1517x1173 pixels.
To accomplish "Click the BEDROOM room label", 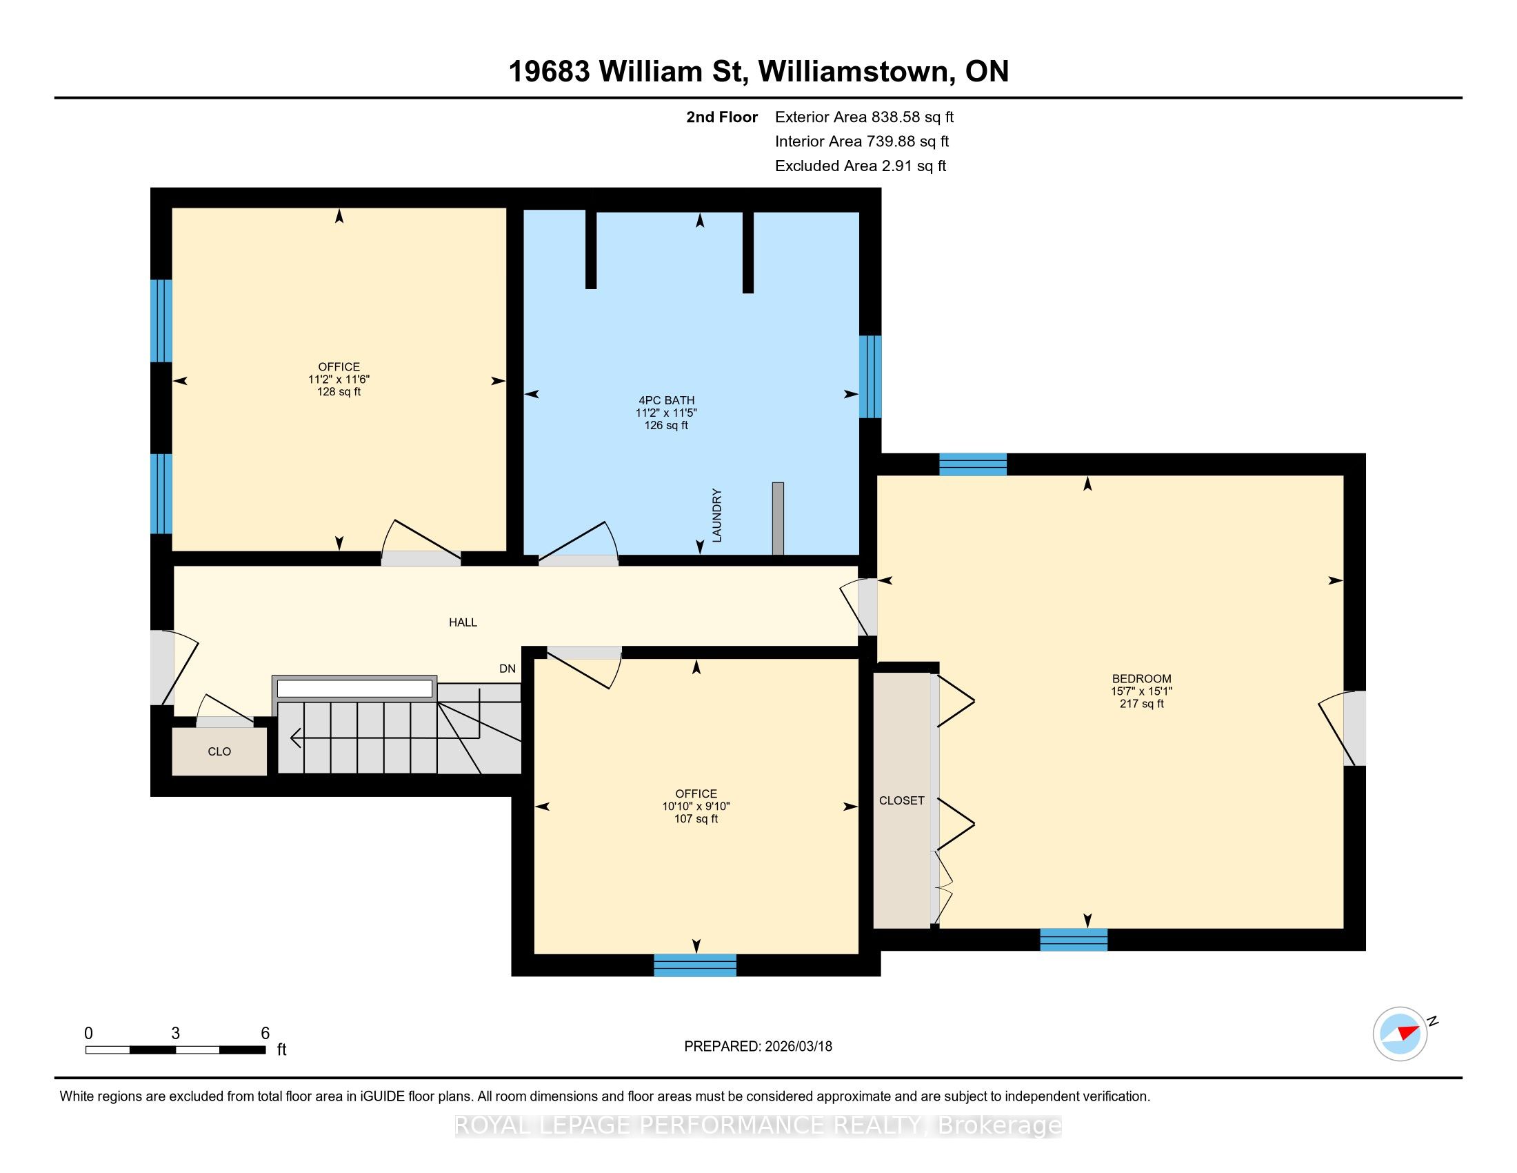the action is coord(1141,679).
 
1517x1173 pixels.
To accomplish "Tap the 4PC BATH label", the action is coord(666,400).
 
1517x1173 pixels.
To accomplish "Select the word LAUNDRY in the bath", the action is coord(717,515).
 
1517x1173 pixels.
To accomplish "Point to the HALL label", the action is coord(463,622).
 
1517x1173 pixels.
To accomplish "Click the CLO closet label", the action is coord(219,752).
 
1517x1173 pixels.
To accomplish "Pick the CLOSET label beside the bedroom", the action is coord(902,800).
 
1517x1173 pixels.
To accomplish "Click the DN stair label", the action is coord(508,669).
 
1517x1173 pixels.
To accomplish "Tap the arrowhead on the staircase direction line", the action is coord(295,738).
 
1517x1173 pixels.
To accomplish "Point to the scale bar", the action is coord(176,1050).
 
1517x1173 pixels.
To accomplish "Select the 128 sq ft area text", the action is coord(339,392).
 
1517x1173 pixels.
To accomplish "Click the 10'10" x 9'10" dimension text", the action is coord(696,807).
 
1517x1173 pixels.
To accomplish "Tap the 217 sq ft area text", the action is coord(1141,704).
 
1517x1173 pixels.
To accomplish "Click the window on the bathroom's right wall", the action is coord(870,377).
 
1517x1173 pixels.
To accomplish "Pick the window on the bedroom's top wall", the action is coord(972,464).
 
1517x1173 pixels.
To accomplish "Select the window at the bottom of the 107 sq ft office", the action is coord(694,965).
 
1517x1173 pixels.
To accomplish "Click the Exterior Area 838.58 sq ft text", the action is coord(864,117).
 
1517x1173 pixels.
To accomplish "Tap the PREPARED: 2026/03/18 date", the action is coord(758,1047).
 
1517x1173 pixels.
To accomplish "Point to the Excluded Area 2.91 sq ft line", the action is coord(861,166).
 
